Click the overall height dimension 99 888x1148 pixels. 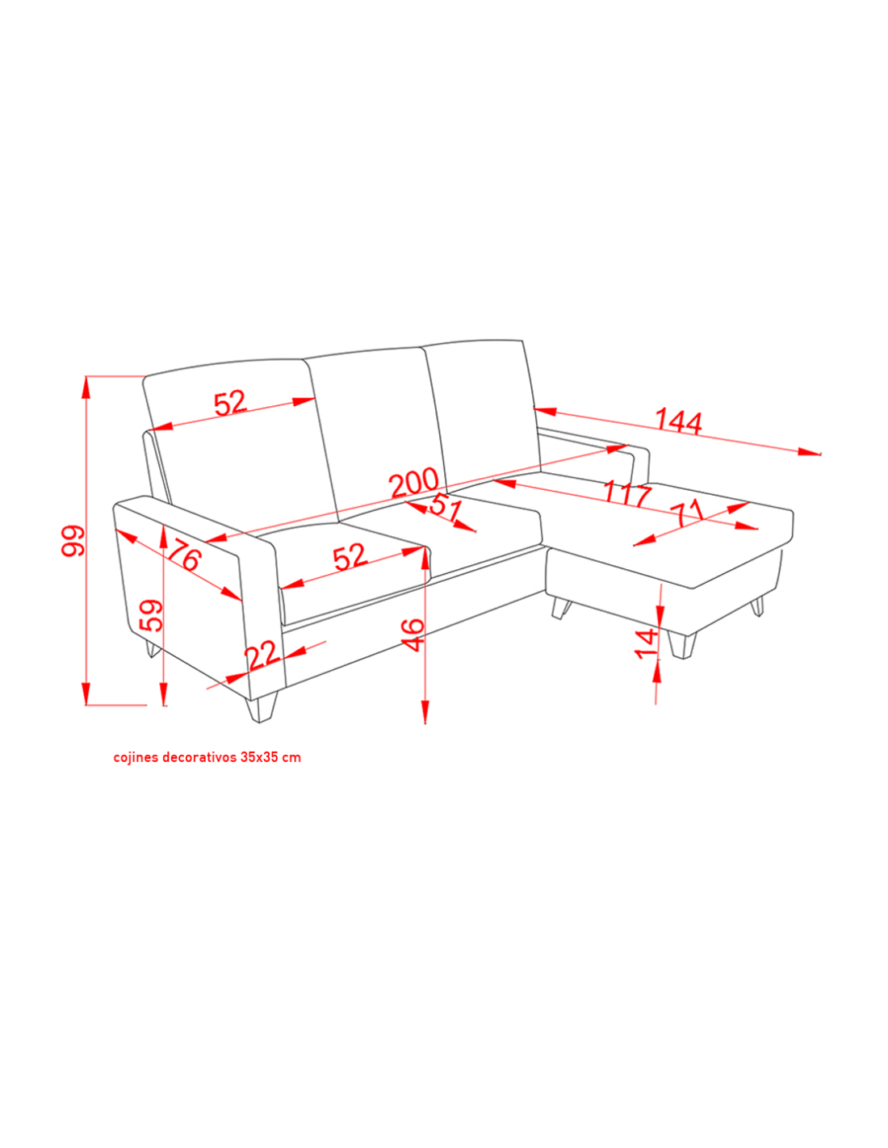(x=73, y=540)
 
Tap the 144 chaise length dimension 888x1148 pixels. (x=678, y=421)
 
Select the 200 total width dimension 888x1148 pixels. (x=414, y=482)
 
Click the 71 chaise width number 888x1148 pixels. (x=687, y=513)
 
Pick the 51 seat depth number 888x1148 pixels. (x=446, y=507)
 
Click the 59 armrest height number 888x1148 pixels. (x=150, y=615)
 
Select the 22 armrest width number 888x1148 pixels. (x=262, y=655)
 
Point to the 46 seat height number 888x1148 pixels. (x=413, y=635)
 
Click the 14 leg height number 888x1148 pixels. (x=647, y=643)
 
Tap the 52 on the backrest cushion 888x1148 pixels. (x=230, y=403)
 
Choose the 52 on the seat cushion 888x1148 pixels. (x=350, y=557)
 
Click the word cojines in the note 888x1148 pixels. (x=136, y=757)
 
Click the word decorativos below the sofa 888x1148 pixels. (x=199, y=757)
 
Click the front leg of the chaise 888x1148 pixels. (x=681, y=644)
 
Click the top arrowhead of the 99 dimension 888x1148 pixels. (x=85, y=388)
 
